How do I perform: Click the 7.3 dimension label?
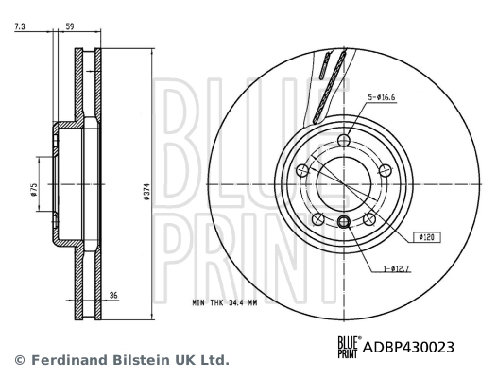coord(20,26)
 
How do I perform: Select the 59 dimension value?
coord(69,26)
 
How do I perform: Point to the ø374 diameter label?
coord(146,192)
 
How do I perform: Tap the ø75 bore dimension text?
coord(34,190)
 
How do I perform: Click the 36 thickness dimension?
coord(113,295)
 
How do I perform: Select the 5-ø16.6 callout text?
coord(382,97)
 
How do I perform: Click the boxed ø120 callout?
coord(427,237)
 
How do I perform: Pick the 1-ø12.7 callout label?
coord(396,269)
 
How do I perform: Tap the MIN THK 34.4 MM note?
coord(225,302)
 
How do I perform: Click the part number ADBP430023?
coord(408,347)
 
